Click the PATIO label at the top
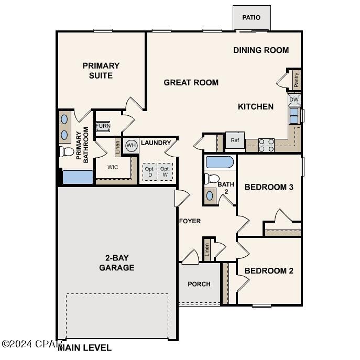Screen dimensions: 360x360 click(251, 18)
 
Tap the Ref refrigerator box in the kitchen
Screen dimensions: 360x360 click(234, 140)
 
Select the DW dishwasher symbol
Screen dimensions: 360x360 click(294, 99)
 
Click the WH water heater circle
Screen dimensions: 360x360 click(130, 145)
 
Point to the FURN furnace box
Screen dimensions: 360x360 click(103, 126)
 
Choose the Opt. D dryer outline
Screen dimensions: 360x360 click(149, 172)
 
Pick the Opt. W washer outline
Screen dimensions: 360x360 click(165, 172)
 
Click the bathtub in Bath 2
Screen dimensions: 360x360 click(220, 162)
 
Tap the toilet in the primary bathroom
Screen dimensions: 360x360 click(67, 152)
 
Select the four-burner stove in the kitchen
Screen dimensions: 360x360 click(266, 145)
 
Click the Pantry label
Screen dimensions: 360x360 click(297, 80)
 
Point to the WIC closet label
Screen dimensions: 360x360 click(113, 167)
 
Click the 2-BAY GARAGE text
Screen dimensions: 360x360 click(116, 263)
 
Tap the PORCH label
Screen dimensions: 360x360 click(199, 284)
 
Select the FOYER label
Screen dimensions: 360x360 click(190, 221)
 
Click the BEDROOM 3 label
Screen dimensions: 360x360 click(269, 187)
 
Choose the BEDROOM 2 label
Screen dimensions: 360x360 click(269, 271)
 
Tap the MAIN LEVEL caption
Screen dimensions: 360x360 click(85, 347)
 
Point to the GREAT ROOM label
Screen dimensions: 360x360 click(191, 82)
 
